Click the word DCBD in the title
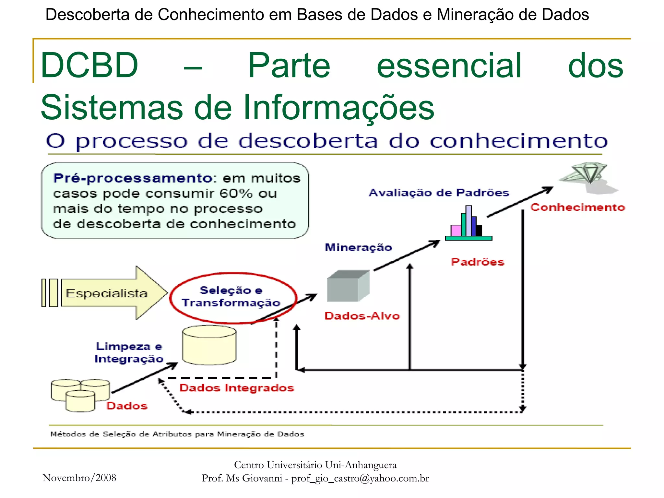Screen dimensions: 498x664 tap(89, 65)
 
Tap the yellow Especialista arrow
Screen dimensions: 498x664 tap(110, 293)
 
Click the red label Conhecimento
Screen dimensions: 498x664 tap(577, 207)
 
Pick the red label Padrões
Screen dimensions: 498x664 tap(478, 262)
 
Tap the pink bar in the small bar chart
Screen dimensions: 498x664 tap(456, 231)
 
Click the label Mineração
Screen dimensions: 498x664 tap(358, 247)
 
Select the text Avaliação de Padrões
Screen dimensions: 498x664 tap(439, 193)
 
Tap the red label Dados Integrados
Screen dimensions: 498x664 tap(237, 388)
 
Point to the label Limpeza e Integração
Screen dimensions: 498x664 tap(129, 352)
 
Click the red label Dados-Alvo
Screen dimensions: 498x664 tap(362, 316)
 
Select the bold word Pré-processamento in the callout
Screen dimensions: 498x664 tap(133, 178)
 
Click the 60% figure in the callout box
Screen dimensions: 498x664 tap(235, 194)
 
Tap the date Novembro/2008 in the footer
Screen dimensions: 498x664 tap(79, 478)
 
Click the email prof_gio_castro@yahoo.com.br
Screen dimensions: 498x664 tap(360, 478)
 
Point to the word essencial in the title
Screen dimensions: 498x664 tap(449, 65)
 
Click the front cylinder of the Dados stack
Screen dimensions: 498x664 tap(80, 401)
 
